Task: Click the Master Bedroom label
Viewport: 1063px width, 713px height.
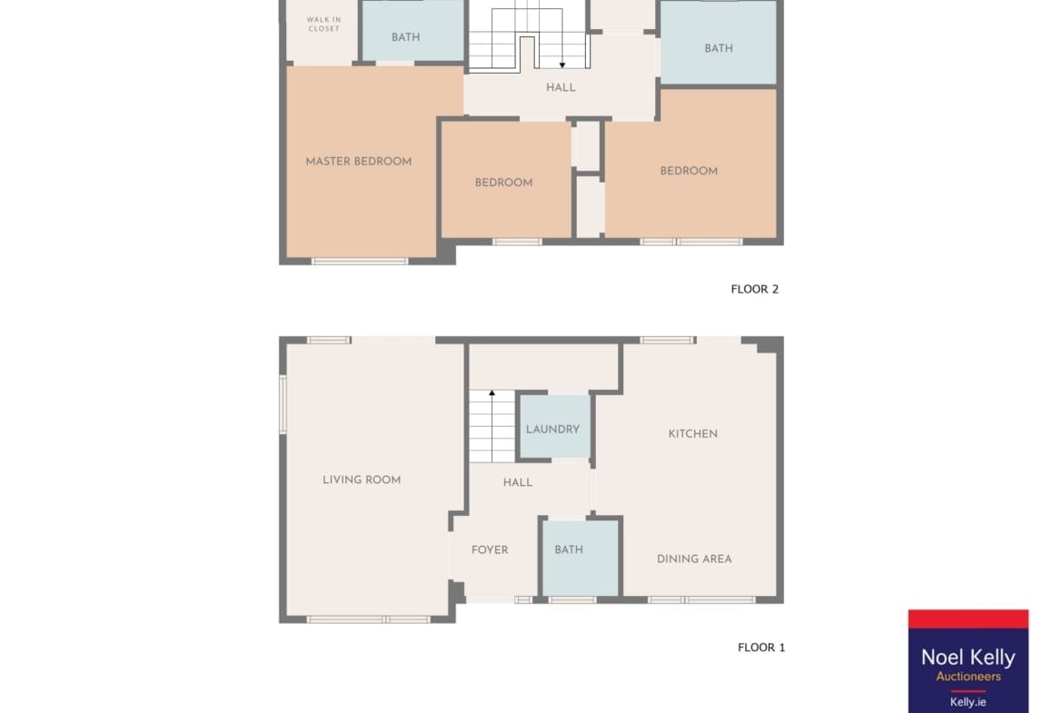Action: coord(359,162)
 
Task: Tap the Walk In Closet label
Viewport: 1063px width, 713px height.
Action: coord(324,25)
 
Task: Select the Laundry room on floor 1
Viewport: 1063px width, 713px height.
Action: coord(554,427)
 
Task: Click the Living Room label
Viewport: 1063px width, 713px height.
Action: coord(362,480)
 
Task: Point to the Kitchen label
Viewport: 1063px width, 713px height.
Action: coord(693,434)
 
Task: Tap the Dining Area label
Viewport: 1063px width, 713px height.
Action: coord(694,560)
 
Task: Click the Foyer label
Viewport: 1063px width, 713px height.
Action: coord(490,550)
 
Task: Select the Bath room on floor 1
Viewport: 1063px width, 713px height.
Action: coord(581,558)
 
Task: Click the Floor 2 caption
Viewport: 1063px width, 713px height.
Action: coord(754,290)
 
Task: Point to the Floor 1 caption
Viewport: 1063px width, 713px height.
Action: coord(761,648)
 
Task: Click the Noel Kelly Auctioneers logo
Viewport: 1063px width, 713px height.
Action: coord(969,661)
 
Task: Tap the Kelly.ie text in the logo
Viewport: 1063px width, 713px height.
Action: coord(969,702)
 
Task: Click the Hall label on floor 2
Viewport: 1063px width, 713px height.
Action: coord(561,87)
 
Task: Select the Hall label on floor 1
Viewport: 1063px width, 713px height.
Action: coord(518,482)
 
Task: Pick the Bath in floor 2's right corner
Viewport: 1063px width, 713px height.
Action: coord(719,42)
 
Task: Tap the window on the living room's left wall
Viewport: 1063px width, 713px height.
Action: coord(283,404)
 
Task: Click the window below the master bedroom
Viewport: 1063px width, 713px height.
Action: coord(360,261)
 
